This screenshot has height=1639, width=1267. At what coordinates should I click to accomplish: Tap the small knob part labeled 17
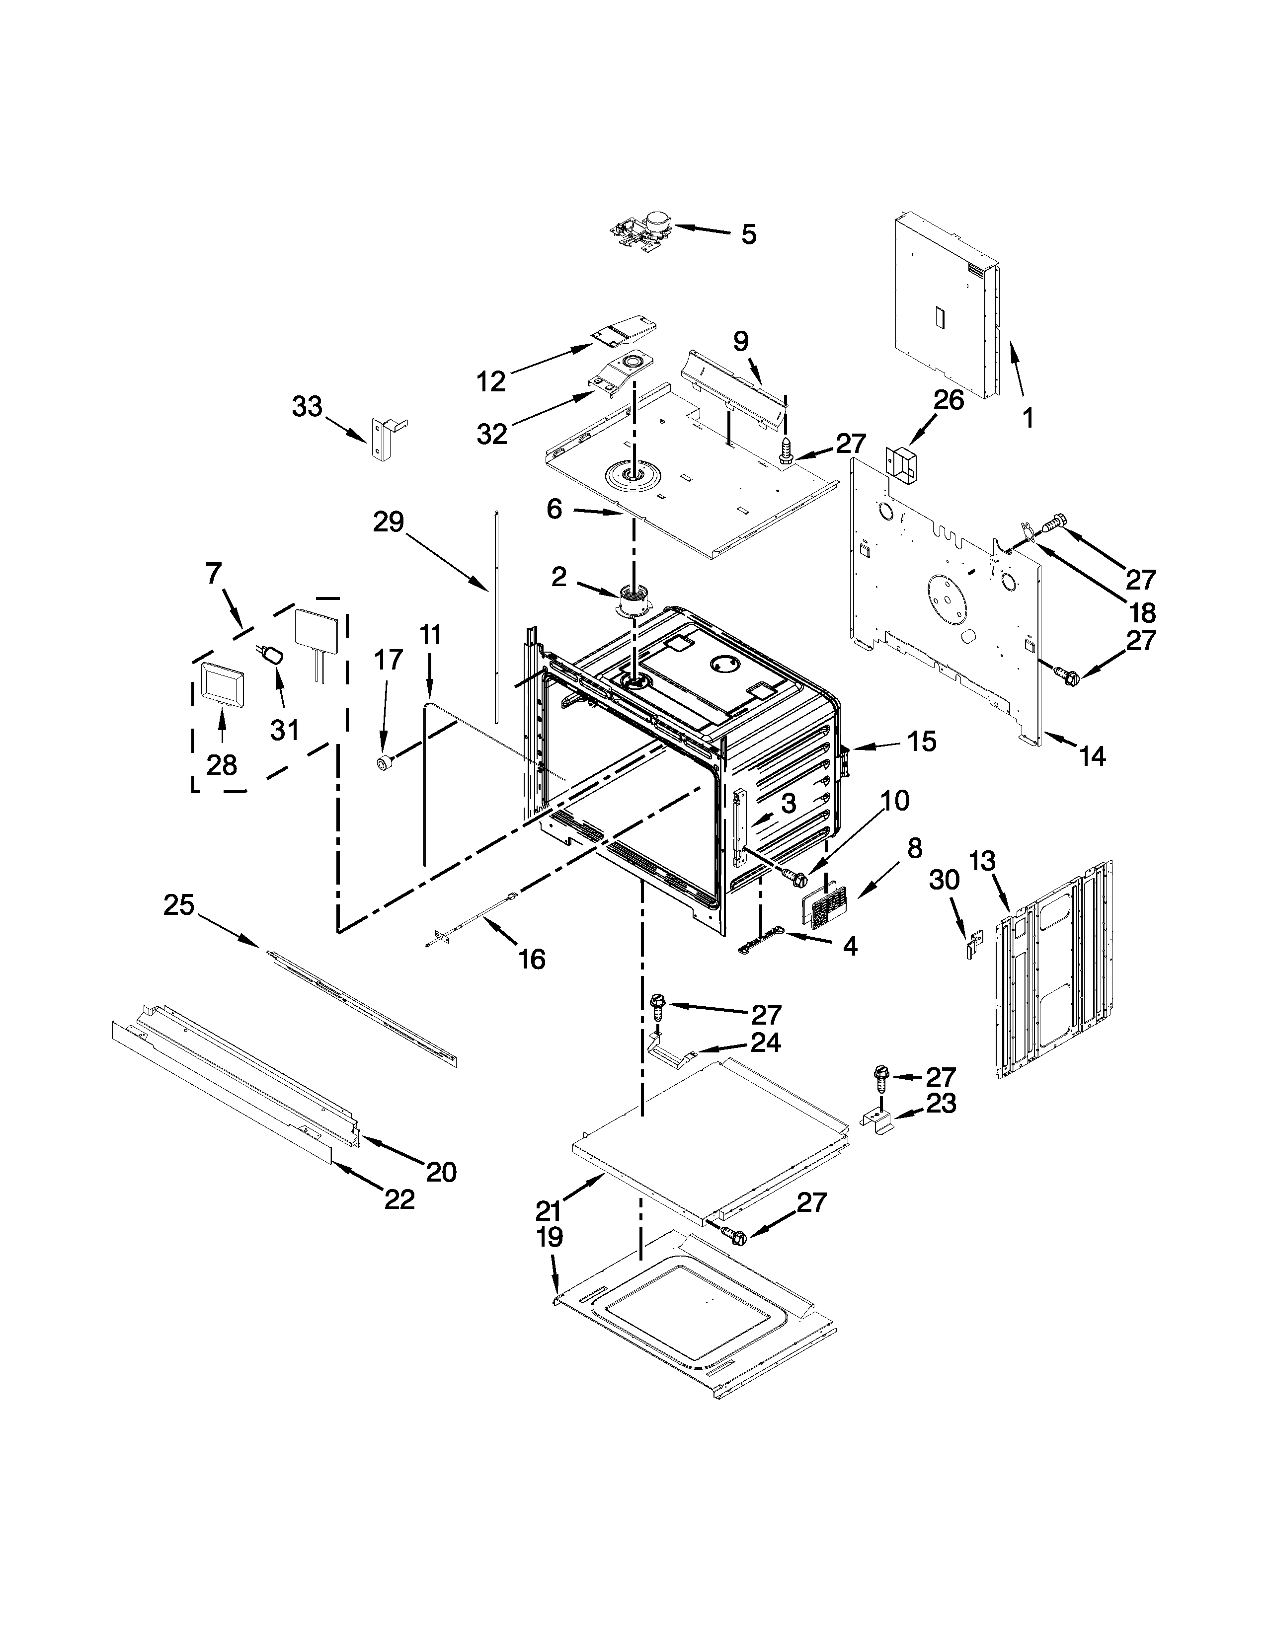tap(386, 763)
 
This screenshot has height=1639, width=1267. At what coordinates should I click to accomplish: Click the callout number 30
tap(944, 880)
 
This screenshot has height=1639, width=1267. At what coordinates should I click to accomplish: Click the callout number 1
tap(1028, 417)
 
